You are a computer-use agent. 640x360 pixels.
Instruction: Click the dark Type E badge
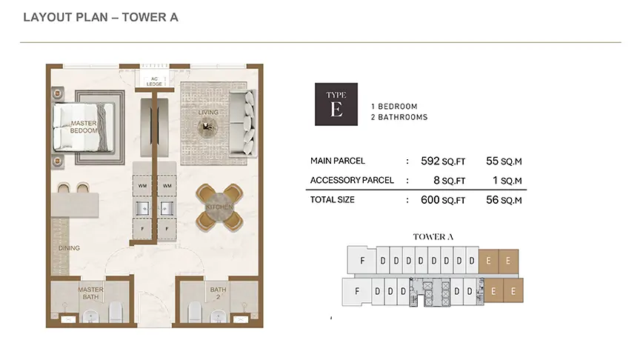tap(336, 104)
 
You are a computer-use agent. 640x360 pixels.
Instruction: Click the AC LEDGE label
tap(154, 81)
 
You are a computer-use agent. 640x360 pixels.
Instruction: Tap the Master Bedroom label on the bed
tap(84, 127)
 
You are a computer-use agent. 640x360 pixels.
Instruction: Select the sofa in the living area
tap(243, 123)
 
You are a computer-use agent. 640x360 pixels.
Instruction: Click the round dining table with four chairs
tap(219, 207)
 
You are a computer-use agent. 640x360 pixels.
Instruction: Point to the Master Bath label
tap(90, 293)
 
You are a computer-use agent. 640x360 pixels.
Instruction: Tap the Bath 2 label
tap(218, 293)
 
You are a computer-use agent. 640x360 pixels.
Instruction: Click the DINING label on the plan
tap(69, 247)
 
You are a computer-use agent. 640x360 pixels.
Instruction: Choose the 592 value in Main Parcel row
tap(430, 161)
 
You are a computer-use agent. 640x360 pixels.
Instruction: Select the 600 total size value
tap(430, 200)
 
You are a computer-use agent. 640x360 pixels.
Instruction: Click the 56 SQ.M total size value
tap(504, 200)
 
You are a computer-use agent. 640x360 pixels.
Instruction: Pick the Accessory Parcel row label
tap(352, 181)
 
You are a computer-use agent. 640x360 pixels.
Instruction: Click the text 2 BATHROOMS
tap(399, 117)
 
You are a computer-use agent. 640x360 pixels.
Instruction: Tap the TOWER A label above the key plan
tap(433, 237)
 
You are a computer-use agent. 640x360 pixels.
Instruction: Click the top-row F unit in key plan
tap(362, 260)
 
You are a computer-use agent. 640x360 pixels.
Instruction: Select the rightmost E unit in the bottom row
tap(513, 291)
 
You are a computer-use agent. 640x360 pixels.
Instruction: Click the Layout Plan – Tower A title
tap(101, 17)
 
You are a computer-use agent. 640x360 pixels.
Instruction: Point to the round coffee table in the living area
tap(207, 127)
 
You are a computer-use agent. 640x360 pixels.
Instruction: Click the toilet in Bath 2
tap(194, 312)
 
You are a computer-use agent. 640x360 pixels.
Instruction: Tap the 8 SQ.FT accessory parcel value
tap(449, 181)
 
